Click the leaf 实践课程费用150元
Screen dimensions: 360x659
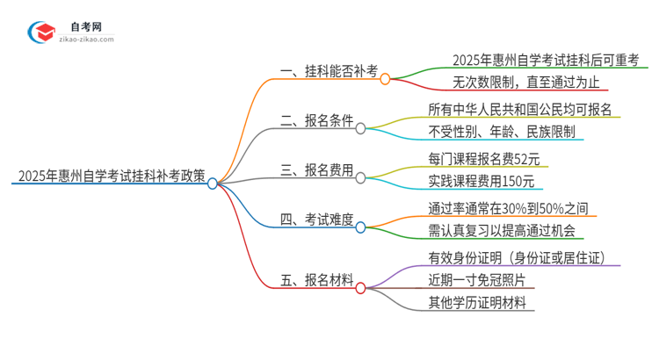[481, 182]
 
